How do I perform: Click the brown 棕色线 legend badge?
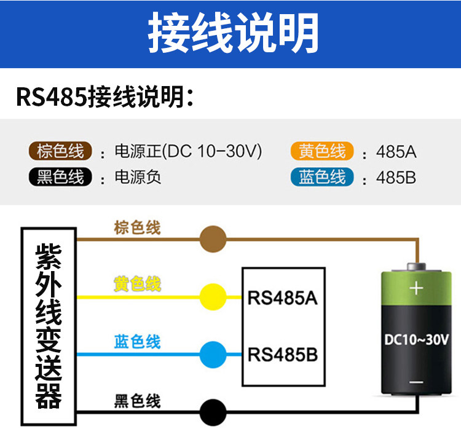pos(60,151)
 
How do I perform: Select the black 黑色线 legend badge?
pos(60,177)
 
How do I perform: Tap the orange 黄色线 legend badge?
pos(322,151)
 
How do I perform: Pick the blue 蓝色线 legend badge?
pos(322,177)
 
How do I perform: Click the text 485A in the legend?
pos(396,152)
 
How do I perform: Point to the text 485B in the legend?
pos(396,178)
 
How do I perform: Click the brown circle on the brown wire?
pos(213,239)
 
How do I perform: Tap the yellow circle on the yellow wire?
pos(213,297)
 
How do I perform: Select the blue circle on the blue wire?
pos(213,355)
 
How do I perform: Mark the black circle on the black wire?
pos(213,412)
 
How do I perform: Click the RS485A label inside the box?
pos(283,298)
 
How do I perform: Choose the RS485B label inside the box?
pos(283,355)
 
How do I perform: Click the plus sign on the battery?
pos(416,288)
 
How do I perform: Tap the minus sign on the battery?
pos(416,382)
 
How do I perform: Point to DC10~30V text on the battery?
pos(416,339)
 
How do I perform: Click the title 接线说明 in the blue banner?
pos(234,33)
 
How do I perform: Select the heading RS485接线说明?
pos(105,96)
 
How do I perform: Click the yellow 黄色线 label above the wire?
pos(137,284)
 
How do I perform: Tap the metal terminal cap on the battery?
pos(416,267)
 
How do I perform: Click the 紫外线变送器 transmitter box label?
pos(49,326)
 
